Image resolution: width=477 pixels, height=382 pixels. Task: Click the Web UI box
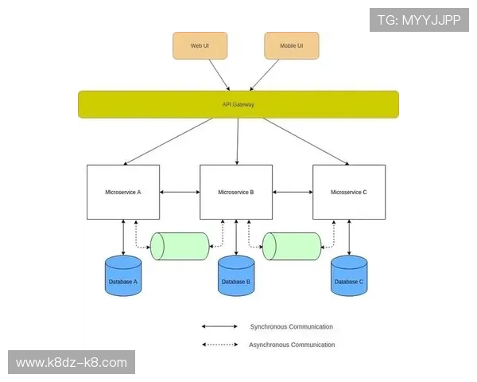(x=200, y=45)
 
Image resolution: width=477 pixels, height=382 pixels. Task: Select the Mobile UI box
(x=291, y=45)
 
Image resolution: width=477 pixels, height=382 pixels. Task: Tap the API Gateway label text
(x=238, y=104)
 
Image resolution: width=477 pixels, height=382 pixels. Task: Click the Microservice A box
(x=123, y=192)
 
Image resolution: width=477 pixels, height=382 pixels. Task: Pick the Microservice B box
(x=236, y=192)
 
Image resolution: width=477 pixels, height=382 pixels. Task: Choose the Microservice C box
(x=349, y=192)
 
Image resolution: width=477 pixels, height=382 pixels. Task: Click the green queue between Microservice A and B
(x=180, y=246)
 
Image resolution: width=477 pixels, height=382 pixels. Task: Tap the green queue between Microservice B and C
(x=292, y=246)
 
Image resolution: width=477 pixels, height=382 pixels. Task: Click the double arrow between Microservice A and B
(x=180, y=193)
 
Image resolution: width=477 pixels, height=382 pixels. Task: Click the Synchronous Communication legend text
(x=291, y=327)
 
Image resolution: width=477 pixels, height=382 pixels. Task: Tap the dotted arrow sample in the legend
(x=219, y=345)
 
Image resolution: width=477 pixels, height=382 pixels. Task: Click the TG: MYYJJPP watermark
(x=419, y=20)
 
